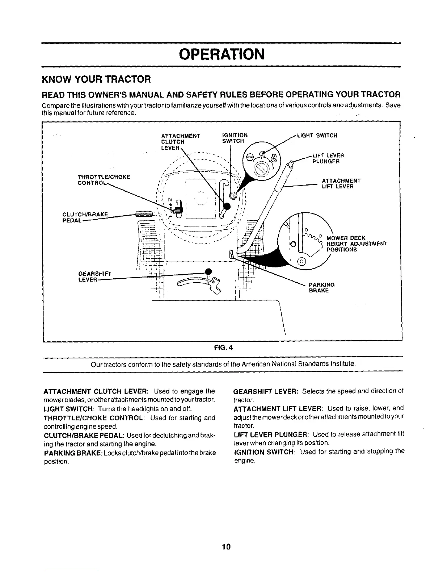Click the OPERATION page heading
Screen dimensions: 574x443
coord(222,54)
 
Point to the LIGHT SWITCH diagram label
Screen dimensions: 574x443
coord(317,136)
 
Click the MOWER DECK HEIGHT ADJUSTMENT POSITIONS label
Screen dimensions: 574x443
coord(356,244)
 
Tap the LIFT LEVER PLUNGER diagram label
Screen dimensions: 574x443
coord(328,158)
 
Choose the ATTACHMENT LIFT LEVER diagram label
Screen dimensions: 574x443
coord(341,183)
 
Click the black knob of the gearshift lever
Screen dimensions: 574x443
coord(208,272)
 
